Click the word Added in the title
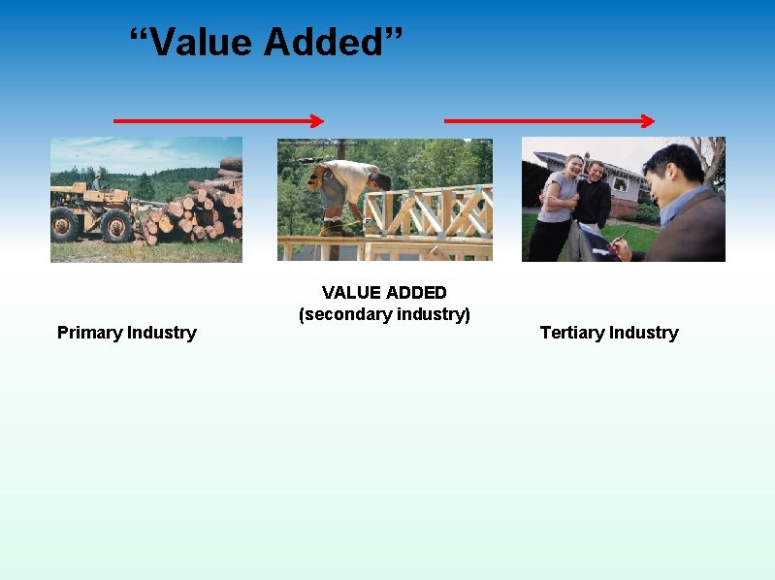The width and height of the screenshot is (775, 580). click(x=325, y=42)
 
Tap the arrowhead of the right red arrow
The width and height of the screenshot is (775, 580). click(x=648, y=121)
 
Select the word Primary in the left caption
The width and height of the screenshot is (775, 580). click(x=86, y=333)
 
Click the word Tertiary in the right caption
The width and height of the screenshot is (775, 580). click(x=571, y=333)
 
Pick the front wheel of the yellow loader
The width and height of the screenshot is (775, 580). click(x=117, y=226)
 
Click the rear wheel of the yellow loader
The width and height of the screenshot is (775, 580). click(x=65, y=224)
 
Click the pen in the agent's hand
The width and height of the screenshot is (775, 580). click(x=621, y=236)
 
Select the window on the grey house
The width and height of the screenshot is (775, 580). click(x=620, y=183)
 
